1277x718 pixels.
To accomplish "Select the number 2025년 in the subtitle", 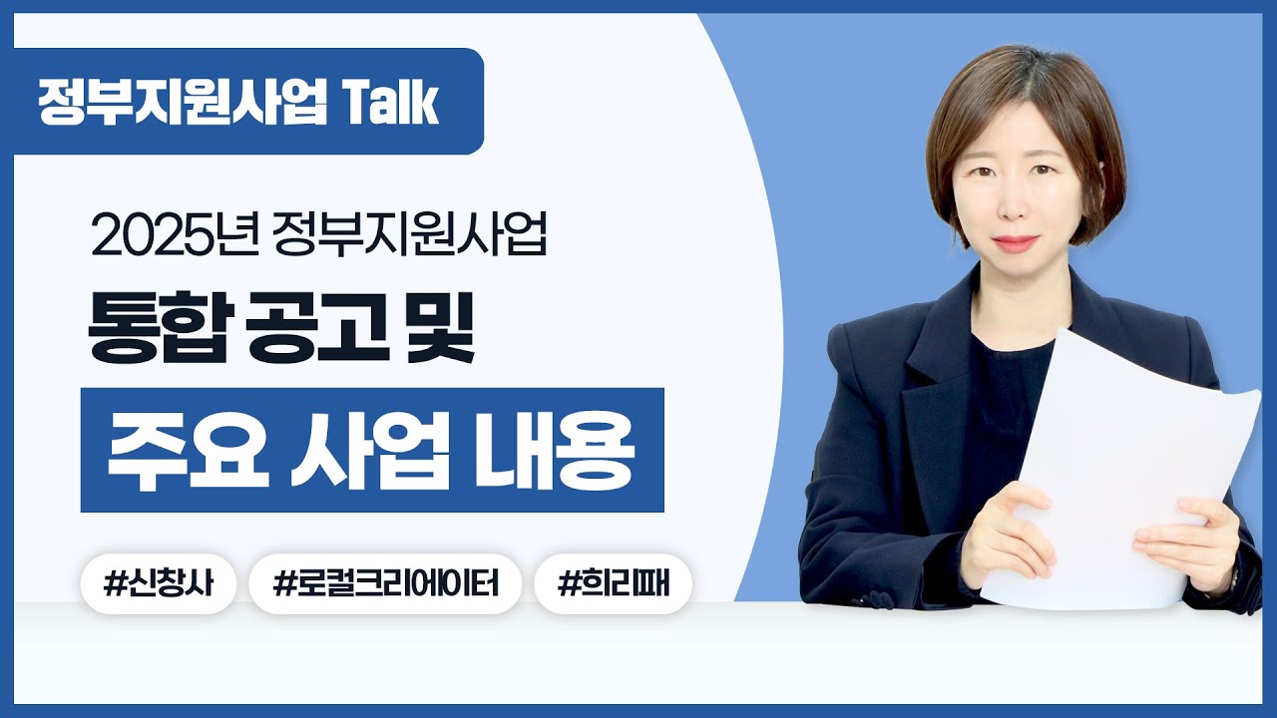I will (176, 239).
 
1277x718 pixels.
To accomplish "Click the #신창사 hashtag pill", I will (158, 583).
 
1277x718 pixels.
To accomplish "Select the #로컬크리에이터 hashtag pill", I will (385, 583).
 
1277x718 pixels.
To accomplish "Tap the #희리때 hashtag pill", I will (613, 583).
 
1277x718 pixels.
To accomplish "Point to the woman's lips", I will (1016, 242).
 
